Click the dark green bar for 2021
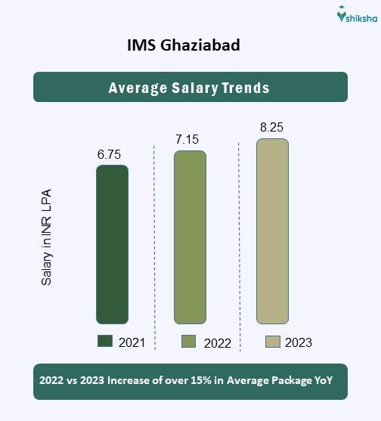(112, 244)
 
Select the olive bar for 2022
(190, 237)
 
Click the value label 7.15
(189, 141)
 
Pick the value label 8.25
(272, 128)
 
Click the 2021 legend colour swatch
(105, 342)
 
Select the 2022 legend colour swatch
(189, 342)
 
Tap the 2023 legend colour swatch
(273, 342)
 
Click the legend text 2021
(132, 342)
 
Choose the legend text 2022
(217, 343)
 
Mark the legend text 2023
(299, 342)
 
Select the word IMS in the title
(141, 46)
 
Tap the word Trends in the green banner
(244, 88)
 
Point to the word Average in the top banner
(136, 88)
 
